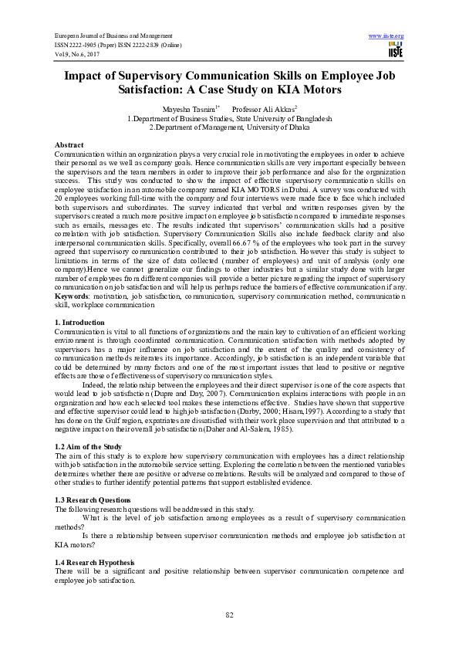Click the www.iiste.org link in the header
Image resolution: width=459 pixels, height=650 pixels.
pyautogui.click(x=386, y=36)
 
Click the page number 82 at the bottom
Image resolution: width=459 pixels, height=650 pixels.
pyautogui.click(x=229, y=614)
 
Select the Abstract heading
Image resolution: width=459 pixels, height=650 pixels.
pyautogui.click(x=69, y=145)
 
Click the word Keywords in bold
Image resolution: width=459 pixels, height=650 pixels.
pyautogui.click(x=72, y=296)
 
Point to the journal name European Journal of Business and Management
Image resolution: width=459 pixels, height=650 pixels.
pyautogui.click(x=113, y=36)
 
